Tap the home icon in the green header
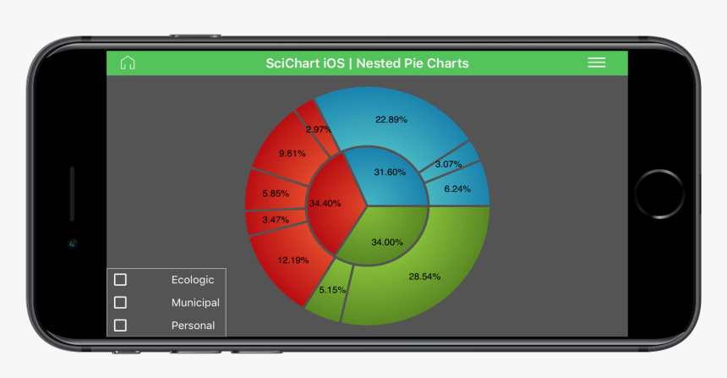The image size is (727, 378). coord(128,63)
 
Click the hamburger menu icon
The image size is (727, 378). coord(597,63)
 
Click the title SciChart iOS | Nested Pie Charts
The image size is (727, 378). coord(367,63)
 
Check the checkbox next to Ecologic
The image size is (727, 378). coord(120,280)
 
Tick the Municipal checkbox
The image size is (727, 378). coord(120,303)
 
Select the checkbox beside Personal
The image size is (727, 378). coord(120,326)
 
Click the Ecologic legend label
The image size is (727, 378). coord(193,280)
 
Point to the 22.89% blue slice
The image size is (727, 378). coord(391,119)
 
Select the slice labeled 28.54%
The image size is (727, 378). coord(424,277)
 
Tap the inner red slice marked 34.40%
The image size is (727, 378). coord(325,203)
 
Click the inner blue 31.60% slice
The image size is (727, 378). coord(390,173)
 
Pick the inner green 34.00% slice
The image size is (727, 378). coord(387,242)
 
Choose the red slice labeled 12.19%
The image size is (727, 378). coord(293,260)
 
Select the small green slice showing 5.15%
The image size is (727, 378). coord(332,290)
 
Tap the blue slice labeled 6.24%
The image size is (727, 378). coord(457,189)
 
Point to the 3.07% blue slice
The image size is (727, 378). coord(448,164)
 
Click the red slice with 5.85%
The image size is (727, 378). coord(276,194)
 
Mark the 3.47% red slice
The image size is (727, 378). coord(276,220)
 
